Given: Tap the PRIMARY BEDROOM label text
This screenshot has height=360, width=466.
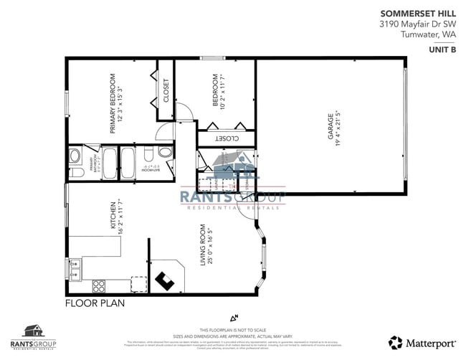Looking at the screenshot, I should [x=113, y=104].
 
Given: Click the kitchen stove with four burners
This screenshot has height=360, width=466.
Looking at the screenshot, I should [x=99, y=285].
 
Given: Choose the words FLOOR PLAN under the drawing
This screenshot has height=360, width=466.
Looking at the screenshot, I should [x=95, y=303].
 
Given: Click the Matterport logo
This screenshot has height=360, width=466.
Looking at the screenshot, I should [x=422, y=342].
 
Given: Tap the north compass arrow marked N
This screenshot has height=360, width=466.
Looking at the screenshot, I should [x=233, y=316].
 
